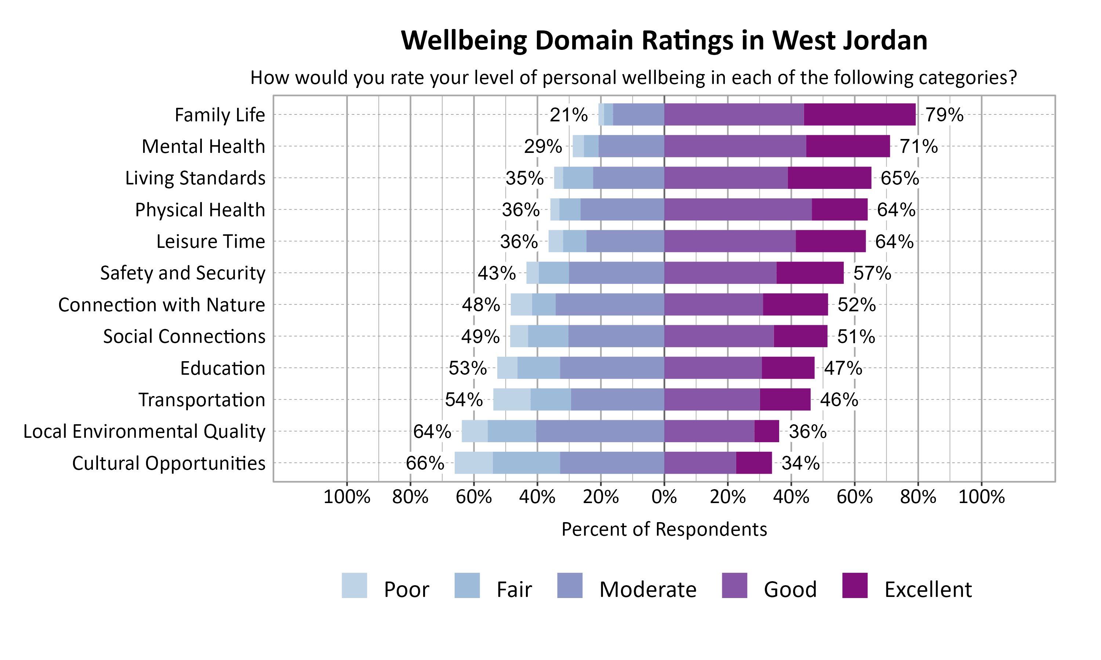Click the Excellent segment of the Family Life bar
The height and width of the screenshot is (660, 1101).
(x=860, y=114)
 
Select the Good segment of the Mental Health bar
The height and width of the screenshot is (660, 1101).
(x=735, y=146)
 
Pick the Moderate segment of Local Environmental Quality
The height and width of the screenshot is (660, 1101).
(x=600, y=431)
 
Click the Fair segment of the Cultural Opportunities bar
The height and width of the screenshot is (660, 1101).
(x=526, y=462)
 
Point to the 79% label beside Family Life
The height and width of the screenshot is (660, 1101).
(x=944, y=115)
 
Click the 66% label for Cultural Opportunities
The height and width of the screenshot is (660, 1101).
(x=425, y=463)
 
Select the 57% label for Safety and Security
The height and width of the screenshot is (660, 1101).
(x=872, y=273)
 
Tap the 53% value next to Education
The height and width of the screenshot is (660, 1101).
(x=467, y=368)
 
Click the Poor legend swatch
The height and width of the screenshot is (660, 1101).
(x=354, y=585)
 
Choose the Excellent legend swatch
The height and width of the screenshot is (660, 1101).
(x=855, y=585)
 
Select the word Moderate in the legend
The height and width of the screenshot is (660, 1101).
(x=647, y=589)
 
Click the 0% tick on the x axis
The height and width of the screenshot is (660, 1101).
(x=664, y=496)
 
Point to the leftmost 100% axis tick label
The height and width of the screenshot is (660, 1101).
(x=347, y=496)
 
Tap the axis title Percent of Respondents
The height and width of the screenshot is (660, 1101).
(x=664, y=529)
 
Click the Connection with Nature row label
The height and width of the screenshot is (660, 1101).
(x=161, y=305)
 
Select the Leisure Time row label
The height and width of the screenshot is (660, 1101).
(x=211, y=242)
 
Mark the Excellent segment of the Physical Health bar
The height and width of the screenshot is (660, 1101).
(x=839, y=209)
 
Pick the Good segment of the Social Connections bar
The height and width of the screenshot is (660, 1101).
(x=719, y=336)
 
